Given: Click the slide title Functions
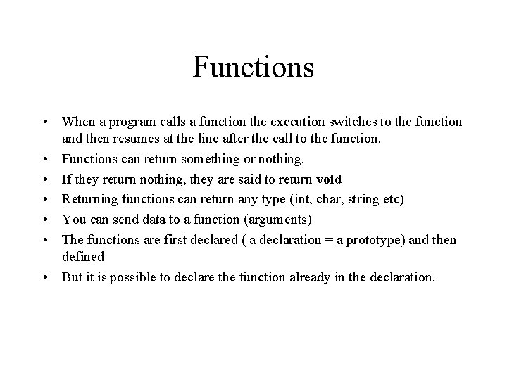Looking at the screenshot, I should pyautogui.click(x=253, y=68).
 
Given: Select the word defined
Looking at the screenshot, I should pyautogui.click(x=83, y=258).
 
